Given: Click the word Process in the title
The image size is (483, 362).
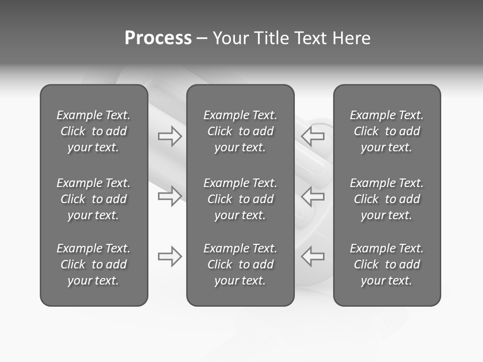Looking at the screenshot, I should coord(158,38).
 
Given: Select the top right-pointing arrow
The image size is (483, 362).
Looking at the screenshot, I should coord(170,136).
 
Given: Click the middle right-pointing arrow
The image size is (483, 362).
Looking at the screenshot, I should coord(170,196).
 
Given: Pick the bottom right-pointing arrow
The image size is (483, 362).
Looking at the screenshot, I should coord(170,256).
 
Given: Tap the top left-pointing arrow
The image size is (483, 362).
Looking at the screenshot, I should coord(312,136).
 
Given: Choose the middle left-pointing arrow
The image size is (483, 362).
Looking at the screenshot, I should coord(312,196).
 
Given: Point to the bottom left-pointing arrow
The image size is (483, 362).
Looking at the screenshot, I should coord(312,256).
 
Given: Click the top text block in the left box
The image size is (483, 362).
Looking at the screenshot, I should coord(94,131).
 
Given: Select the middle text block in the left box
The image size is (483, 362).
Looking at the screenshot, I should coord(94,199).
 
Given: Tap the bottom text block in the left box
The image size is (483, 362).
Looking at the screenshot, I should coord(94,264).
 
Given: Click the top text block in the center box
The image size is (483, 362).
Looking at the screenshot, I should coord(240,131).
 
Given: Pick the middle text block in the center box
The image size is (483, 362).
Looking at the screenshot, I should coord(240,199).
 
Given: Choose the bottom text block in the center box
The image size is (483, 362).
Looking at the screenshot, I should coord(240,264).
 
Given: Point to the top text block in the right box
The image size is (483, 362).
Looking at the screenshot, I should coord(387,131).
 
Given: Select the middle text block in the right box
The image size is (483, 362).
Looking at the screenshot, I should coord(387,199).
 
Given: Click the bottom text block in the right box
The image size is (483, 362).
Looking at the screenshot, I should coord(387,264).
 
